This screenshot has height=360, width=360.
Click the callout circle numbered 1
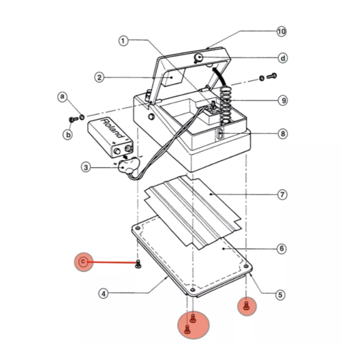pyautogui.click(x=124, y=41)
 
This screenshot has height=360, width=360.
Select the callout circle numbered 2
pyautogui.click(x=100, y=78)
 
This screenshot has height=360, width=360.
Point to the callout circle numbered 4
pyautogui.click(x=104, y=294)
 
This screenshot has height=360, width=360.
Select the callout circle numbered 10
pyautogui.click(x=281, y=31)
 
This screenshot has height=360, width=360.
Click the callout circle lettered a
pyautogui.click(x=63, y=96)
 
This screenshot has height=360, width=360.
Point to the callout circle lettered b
pyautogui.click(x=67, y=134)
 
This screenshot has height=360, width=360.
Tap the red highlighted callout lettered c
pyautogui.click(x=83, y=262)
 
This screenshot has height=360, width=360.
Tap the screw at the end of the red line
pyautogui.click(x=138, y=263)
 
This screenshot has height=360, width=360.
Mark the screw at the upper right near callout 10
pyautogui.click(x=271, y=76)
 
